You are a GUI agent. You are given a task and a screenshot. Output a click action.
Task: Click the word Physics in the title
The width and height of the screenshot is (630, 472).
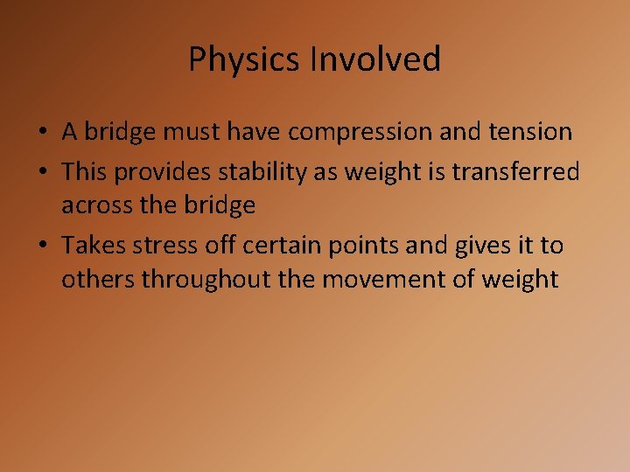tap(245, 60)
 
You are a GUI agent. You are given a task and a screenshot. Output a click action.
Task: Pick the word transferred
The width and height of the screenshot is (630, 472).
tap(515, 172)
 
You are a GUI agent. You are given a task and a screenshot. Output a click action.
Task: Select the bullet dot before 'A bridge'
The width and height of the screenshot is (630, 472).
tap(43, 133)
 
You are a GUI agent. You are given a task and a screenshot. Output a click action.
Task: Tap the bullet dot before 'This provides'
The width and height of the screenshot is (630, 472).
tap(43, 173)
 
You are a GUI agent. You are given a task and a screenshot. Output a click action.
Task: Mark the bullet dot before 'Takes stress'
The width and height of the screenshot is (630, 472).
tap(43, 246)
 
